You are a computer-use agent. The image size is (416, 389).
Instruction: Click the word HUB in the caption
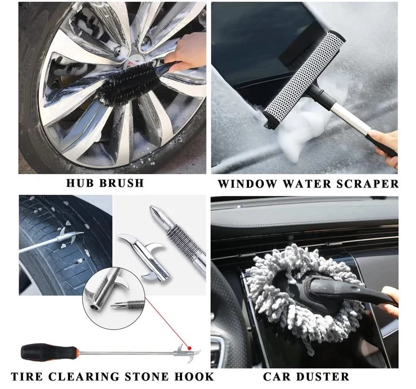click(x=79, y=183)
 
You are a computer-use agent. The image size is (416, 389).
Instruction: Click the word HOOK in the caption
click(x=194, y=377)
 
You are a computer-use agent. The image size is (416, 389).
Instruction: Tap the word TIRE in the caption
click(x=27, y=377)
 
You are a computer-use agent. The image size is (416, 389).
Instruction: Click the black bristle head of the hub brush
click(x=128, y=83)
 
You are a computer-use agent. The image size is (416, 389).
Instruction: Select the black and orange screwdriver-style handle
click(x=50, y=352)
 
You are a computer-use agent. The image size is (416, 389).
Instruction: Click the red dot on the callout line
click(x=189, y=348)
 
